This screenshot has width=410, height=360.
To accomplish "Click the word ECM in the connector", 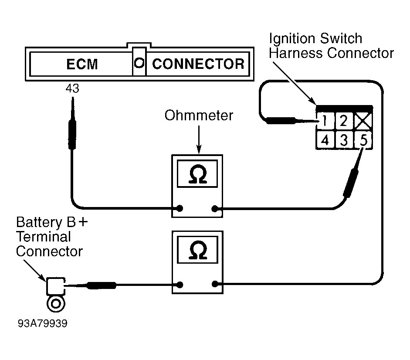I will pos(82,64).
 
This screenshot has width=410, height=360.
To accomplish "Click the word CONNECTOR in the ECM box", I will pos(198,64).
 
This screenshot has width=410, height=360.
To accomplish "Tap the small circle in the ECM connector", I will pos(139,63).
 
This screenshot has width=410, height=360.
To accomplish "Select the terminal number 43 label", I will pos(72,89).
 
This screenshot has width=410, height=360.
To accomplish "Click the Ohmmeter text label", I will pos(199,116).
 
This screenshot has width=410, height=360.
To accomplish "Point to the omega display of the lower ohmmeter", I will pos(198,250).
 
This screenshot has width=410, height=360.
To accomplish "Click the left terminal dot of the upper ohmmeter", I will pos(180,209).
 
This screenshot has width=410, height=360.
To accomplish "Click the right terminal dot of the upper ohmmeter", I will pos(215,209).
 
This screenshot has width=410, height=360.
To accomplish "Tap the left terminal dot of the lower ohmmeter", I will pos(180,285).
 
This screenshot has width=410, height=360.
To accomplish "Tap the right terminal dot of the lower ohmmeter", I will pos(215,285).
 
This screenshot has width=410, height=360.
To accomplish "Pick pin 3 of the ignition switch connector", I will pos(343,140).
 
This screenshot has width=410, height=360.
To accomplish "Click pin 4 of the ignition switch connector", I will pos(325,140).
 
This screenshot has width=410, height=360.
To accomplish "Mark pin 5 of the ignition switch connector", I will pos(363,140).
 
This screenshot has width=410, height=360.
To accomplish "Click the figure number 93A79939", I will pos(43,324).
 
